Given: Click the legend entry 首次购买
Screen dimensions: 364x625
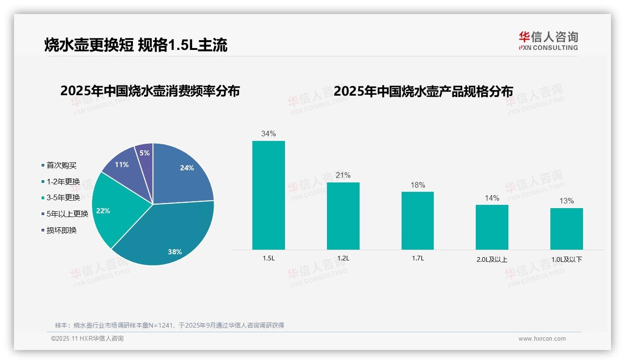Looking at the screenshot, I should point(61,165).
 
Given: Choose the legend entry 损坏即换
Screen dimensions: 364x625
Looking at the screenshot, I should point(61,230).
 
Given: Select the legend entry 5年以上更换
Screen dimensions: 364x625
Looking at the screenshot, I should point(67,214).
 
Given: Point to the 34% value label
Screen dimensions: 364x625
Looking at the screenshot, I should point(268,133).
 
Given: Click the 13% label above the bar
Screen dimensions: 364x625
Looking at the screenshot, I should point(566,201).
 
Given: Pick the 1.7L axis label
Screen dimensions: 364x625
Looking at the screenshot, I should point(417,258).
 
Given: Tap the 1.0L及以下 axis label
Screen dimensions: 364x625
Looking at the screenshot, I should point(566,259).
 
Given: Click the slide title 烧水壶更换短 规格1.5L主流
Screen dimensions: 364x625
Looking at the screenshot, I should point(136,45).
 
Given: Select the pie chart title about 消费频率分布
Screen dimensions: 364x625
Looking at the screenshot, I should point(150,91).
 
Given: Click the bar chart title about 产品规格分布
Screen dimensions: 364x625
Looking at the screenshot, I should point(423,91).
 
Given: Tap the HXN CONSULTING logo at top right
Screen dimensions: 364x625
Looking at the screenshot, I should point(548,41).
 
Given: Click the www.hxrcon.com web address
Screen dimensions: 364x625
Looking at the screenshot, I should point(542,339).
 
